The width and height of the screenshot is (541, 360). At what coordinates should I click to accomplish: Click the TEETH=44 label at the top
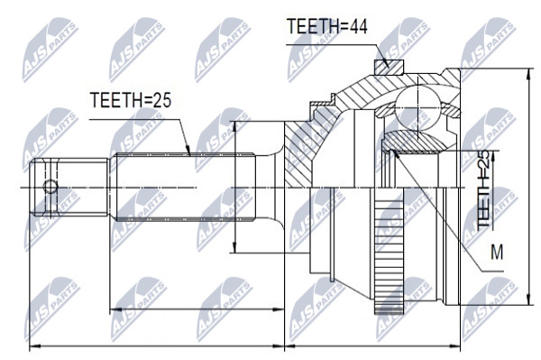point(327,26)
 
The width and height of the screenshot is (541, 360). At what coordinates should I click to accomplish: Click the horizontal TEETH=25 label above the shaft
point(131,100)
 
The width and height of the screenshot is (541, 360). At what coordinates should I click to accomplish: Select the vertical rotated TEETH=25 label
point(483,189)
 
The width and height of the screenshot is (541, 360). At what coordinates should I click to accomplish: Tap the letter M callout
point(497,252)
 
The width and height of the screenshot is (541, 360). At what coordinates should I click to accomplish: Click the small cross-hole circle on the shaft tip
point(50,187)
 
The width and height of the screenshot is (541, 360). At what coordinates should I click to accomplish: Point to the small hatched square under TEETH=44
point(389,68)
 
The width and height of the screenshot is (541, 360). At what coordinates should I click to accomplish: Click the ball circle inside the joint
point(417,107)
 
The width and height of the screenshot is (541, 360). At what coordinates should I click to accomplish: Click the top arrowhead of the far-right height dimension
point(528,73)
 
